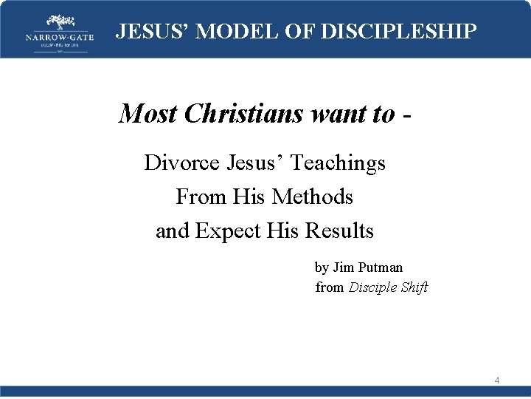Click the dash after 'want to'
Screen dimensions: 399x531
point(406,114)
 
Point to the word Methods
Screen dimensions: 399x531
point(313,197)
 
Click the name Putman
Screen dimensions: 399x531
point(379,267)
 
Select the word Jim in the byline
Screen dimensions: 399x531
point(343,267)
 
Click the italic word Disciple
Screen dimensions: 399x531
point(372,287)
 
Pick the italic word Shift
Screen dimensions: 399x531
point(414,287)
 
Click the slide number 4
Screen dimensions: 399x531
point(497,381)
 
